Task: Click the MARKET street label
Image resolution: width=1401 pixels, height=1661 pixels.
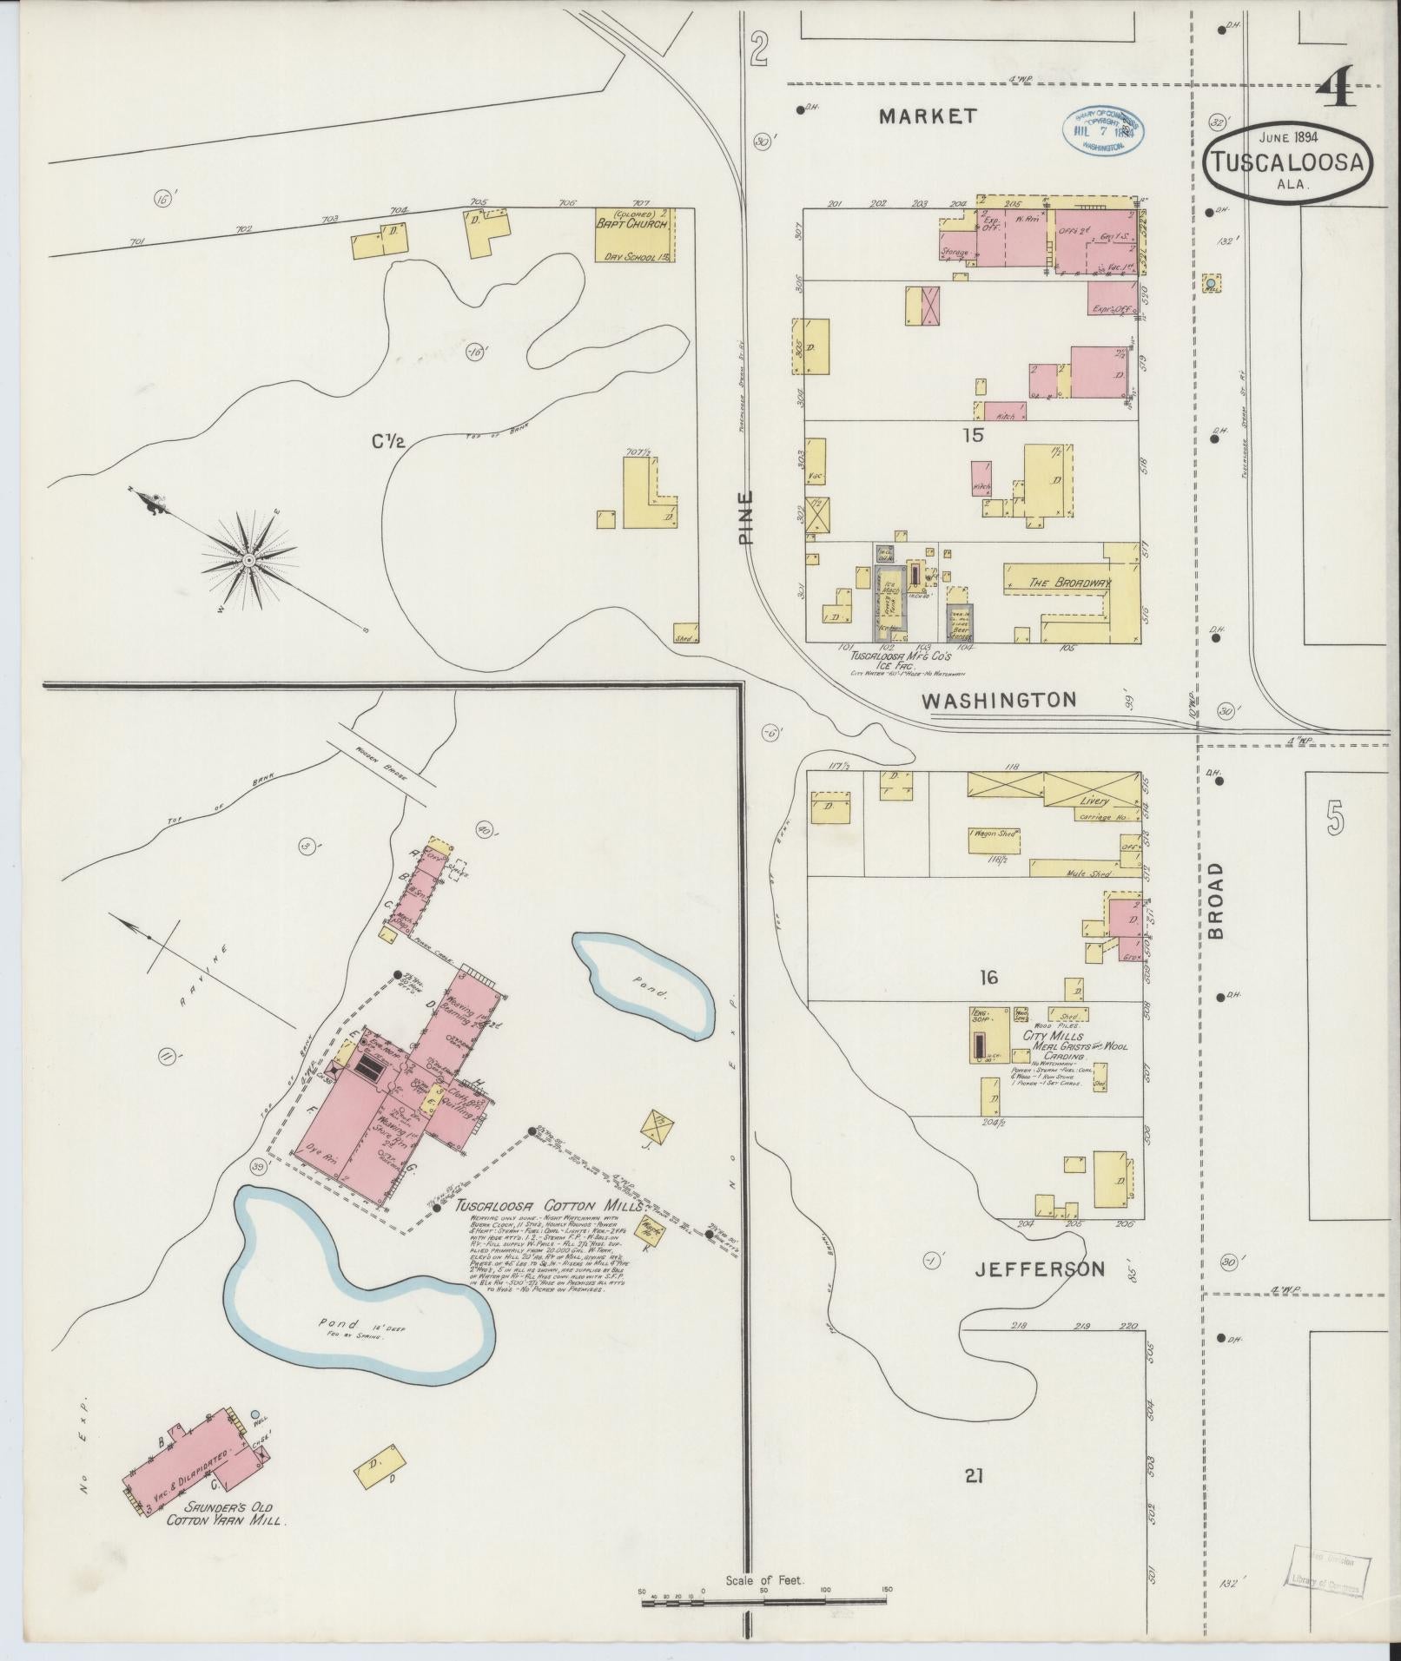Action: [x=928, y=116]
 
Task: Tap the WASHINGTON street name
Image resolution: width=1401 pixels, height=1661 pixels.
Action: [x=999, y=699]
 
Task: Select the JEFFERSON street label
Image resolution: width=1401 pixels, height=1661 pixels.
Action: [x=1040, y=1269]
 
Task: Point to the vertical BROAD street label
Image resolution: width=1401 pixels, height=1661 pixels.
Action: [x=1214, y=900]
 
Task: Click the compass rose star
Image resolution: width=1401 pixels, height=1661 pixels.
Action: [x=248, y=561]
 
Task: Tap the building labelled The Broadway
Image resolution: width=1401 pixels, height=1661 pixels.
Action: [x=1070, y=583]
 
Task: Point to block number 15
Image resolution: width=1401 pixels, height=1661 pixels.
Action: [x=973, y=435]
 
